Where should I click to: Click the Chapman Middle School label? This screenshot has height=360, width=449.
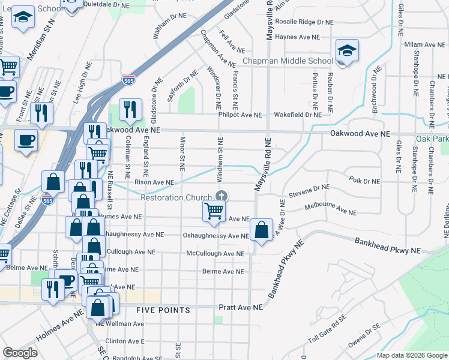pos(288,61)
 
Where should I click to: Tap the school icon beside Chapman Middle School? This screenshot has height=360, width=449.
pos(346,51)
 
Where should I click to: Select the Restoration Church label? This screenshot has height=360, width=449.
pos(175,197)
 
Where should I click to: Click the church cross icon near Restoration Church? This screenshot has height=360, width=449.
pos(221,196)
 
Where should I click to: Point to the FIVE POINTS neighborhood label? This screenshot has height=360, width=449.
pos(163,310)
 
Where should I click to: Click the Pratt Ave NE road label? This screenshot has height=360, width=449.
pos(240,307)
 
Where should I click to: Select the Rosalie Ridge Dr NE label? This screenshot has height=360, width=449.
pos(306,22)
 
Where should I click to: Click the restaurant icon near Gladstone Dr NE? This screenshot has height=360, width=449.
pos(130,109)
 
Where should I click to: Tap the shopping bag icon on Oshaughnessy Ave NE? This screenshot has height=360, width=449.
pos(262,230)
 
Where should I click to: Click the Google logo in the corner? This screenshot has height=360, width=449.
pos(20,353)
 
